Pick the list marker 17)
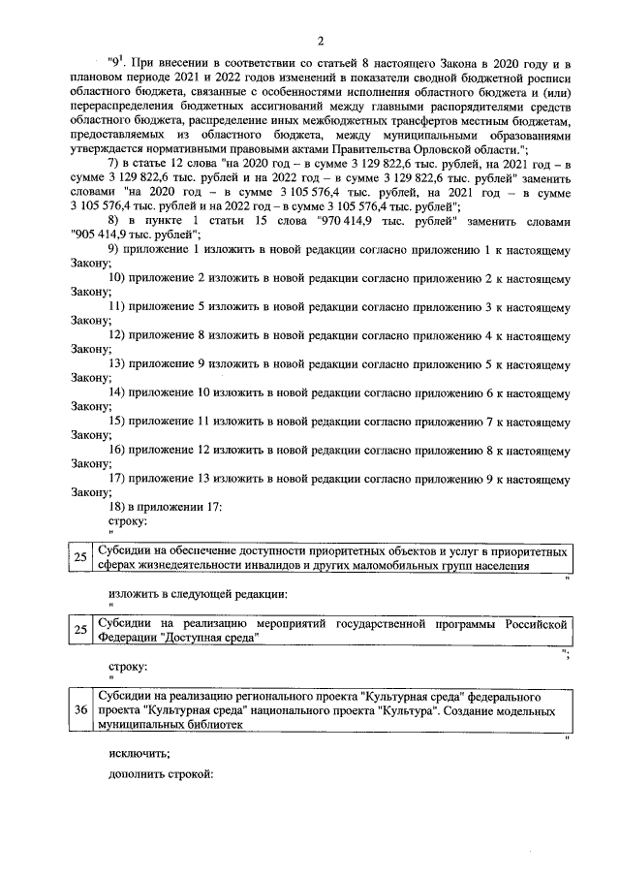coord(120,478)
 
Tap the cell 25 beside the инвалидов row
coord(80,557)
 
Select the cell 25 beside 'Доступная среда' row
coord(80,629)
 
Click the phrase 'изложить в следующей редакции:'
coord(198,592)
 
